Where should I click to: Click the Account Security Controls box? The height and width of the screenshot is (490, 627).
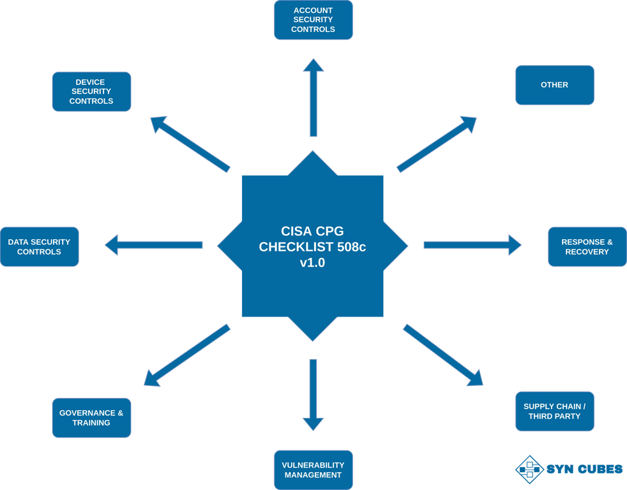(x=313, y=20)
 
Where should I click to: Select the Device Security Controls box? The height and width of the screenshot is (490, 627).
(x=91, y=92)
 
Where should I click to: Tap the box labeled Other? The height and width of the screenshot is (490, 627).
(x=554, y=85)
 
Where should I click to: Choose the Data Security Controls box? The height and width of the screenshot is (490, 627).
(x=39, y=247)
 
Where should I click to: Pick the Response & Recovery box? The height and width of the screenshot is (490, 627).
(x=587, y=247)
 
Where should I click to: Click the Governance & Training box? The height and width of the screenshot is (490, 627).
(x=91, y=418)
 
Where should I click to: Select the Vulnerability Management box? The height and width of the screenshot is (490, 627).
(x=313, y=470)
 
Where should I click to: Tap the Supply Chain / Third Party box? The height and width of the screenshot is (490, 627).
(x=554, y=412)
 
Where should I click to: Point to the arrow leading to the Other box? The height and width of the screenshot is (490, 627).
(x=437, y=144)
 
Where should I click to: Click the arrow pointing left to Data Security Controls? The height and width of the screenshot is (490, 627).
(x=154, y=245)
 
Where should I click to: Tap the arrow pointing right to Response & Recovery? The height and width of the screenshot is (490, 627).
(x=472, y=245)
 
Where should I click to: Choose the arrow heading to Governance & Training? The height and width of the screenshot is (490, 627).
(x=186, y=355)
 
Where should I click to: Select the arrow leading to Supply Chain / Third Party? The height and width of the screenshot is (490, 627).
(x=442, y=355)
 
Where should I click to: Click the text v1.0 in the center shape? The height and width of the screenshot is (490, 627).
(x=312, y=262)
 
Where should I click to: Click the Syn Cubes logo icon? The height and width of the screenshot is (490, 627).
(x=528, y=469)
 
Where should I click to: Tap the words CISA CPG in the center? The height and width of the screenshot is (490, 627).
(x=312, y=231)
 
